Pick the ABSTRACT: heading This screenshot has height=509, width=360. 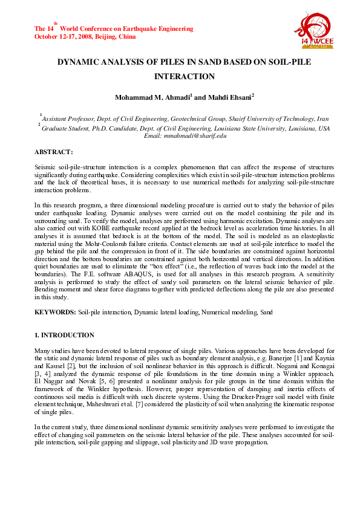pyautogui.click(x=54, y=152)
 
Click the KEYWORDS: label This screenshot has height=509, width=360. pyautogui.click(x=55, y=312)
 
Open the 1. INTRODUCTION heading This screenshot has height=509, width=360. pyautogui.click(x=64, y=335)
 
